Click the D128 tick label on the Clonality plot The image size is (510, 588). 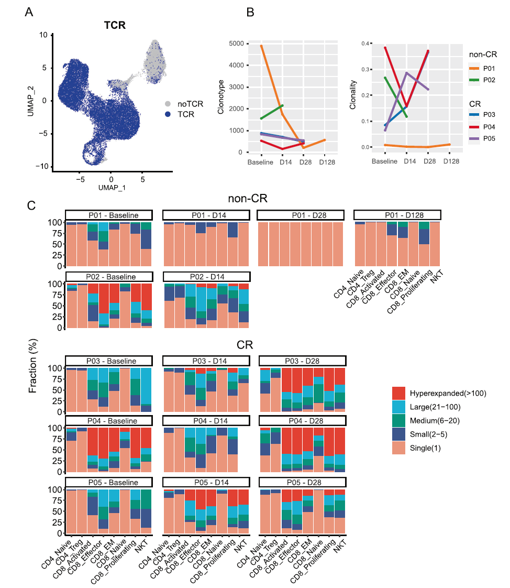click(450, 161)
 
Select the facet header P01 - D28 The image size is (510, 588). click(301, 215)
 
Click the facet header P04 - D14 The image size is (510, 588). click(205, 420)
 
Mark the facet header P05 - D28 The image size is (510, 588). click(302, 482)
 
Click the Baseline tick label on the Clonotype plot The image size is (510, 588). click(261, 162)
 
